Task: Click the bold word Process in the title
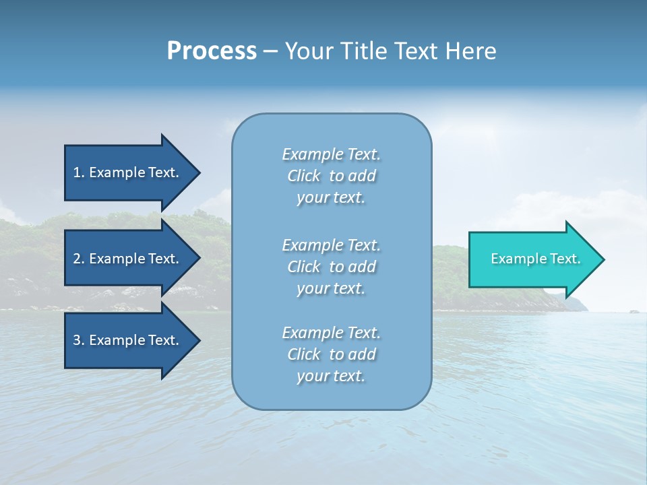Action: coord(212,51)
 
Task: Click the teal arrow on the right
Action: coord(532,259)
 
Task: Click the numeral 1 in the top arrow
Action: coord(77,172)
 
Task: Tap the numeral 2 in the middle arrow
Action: coord(77,259)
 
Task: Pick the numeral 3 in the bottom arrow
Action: coord(77,340)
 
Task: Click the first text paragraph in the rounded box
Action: coord(331,176)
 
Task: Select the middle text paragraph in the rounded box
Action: coord(331,267)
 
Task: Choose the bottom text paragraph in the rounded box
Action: coord(331,354)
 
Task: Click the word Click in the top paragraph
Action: coord(304,176)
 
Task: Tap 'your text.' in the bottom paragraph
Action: coord(331,376)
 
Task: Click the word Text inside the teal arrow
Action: coord(565,259)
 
